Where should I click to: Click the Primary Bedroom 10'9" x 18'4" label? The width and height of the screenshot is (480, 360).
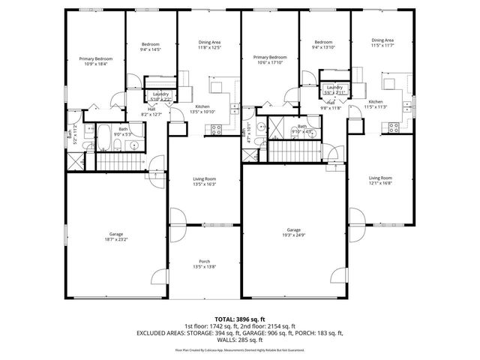click(x=95, y=61)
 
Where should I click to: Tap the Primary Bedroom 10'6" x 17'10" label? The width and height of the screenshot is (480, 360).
click(x=270, y=60)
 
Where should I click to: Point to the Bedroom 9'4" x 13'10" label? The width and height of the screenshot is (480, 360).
click(x=323, y=44)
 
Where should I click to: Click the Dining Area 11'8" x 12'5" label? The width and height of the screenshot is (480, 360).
click(x=209, y=44)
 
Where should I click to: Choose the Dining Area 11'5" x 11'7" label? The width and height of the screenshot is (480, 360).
click(x=382, y=43)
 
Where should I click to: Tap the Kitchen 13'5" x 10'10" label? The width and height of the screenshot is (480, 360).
click(x=202, y=109)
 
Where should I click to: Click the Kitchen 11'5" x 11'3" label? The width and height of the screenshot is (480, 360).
click(x=376, y=104)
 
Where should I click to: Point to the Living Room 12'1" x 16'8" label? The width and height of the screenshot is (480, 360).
click(x=381, y=180)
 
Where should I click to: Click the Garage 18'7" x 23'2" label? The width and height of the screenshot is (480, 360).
click(x=116, y=237)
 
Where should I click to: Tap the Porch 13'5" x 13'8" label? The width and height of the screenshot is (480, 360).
click(x=205, y=264)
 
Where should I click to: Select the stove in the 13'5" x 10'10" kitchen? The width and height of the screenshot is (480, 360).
click(x=217, y=130)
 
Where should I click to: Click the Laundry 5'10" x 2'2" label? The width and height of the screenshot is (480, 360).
click(x=160, y=96)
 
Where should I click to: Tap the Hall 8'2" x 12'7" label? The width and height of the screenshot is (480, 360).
click(x=151, y=112)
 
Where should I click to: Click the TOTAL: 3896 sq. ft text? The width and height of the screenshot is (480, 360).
click(x=239, y=319)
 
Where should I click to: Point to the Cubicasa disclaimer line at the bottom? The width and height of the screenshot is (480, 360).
click(x=239, y=349)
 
